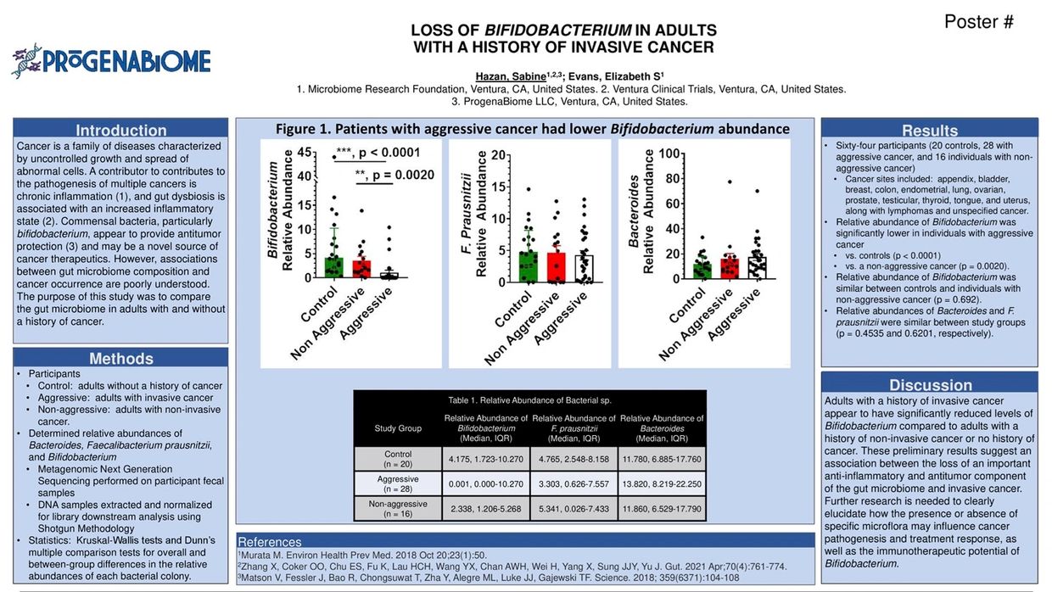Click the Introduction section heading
[x=120, y=130]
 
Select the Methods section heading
[x=120, y=358]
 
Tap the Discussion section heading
[x=930, y=384]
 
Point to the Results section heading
[x=930, y=130]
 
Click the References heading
[x=269, y=542]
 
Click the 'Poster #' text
[x=978, y=23]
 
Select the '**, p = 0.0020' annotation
[x=395, y=174]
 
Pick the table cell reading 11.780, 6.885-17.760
[x=661, y=459]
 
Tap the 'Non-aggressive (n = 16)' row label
[x=397, y=508]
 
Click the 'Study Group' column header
[x=397, y=428]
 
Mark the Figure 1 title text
[x=533, y=129]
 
